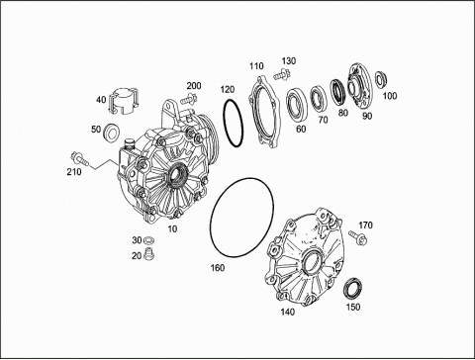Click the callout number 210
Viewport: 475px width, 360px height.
tap(74, 171)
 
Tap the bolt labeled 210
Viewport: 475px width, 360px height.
tap(80, 158)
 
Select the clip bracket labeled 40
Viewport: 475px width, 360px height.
tap(124, 101)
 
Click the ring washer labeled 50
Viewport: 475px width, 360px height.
tap(112, 134)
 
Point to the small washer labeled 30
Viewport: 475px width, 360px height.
tap(148, 239)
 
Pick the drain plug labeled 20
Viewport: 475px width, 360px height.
tap(149, 253)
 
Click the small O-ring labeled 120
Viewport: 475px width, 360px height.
tap(233, 123)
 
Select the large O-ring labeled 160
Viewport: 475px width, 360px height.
tap(241, 218)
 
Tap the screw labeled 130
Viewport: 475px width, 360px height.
tap(281, 74)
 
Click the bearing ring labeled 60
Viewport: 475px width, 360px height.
tap(297, 106)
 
